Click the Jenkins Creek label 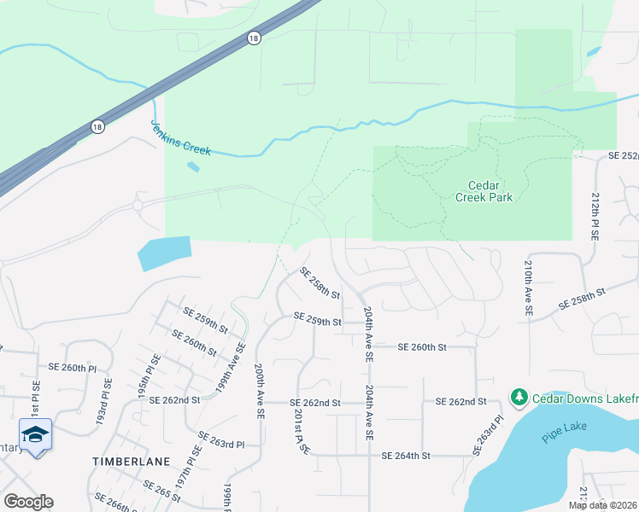(x=180, y=137)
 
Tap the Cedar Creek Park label (x=490, y=191)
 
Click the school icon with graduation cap (x=34, y=435)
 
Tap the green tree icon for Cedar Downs (x=519, y=397)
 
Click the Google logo (x=28, y=502)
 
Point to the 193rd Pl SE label (x=104, y=404)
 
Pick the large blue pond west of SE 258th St (x=165, y=253)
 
